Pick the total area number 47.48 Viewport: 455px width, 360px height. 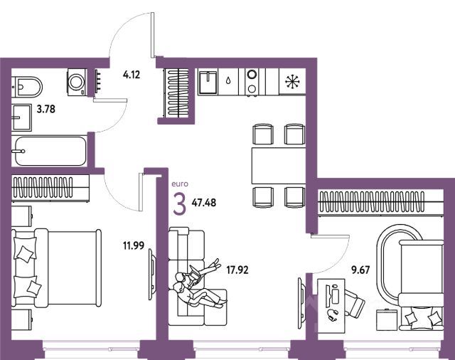coord(203,202)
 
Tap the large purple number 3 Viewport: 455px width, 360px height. coord(180,203)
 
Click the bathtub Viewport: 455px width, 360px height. coord(49,150)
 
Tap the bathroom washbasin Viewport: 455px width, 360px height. coord(21,114)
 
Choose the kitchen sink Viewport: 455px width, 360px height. coord(209,80)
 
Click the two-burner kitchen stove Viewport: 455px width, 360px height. coord(252,80)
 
